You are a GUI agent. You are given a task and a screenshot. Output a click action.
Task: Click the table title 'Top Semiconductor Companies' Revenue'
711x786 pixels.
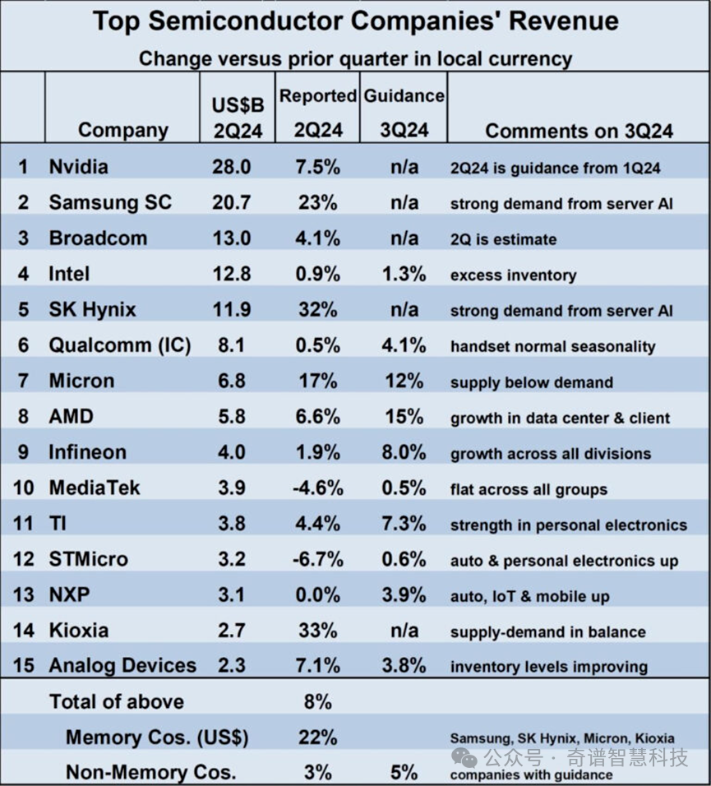(355, 21)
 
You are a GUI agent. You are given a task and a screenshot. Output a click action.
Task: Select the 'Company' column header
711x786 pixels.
(123, 130)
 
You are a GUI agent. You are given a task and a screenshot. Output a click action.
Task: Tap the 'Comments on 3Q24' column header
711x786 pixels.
(579, 131)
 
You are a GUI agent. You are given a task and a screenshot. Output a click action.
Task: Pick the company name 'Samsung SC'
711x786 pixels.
(110, 202)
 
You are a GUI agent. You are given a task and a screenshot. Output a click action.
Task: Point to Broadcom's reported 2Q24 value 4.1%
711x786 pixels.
(317, 238)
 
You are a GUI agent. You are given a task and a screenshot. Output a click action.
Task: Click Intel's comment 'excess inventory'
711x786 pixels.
(513, 275)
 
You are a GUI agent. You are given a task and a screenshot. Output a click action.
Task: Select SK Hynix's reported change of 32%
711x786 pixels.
(317, 310)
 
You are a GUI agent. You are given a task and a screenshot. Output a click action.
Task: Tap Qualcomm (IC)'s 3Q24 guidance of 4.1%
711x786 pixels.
(404, 345)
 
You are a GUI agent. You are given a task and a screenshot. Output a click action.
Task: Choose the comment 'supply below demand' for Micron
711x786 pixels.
(531, 382)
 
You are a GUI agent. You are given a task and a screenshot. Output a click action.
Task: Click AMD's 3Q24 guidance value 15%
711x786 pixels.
(404, 417)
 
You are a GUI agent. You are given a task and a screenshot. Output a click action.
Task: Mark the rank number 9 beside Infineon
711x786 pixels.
(24, 452)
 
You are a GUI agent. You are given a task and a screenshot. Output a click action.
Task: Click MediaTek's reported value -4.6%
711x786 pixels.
(317, 488)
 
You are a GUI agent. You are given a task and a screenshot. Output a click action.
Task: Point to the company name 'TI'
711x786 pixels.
(60, 524)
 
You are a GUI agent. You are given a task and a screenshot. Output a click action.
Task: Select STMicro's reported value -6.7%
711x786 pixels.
(317, 560)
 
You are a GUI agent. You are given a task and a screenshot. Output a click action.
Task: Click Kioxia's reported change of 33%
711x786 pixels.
(317, 631)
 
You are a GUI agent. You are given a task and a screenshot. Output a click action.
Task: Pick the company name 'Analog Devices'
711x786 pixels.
(122, 666)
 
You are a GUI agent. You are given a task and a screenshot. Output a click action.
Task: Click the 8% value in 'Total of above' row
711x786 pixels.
(317, 702)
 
